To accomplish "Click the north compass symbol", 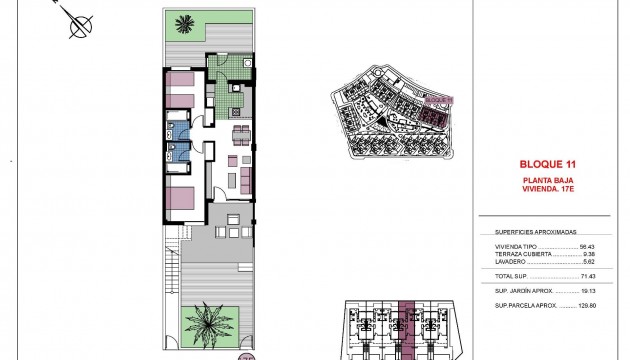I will tap(77, 23).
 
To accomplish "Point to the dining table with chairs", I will tap(238, 134).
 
